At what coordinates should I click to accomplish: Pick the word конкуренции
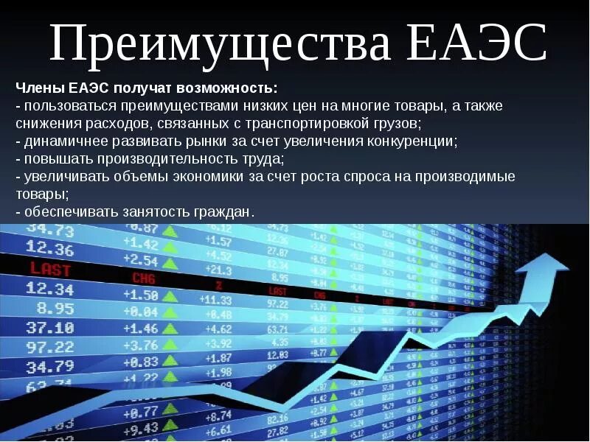click(410, 141)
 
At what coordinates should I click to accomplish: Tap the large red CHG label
click(144, 278)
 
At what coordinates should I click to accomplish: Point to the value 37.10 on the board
click(50, 327)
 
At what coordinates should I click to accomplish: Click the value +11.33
click(215, 300)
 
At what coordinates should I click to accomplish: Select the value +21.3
click(218, 270)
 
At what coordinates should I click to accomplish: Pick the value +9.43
click(140, 429)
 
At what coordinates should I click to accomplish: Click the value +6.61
click(218, 430)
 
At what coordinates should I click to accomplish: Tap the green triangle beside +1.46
click(171, 329)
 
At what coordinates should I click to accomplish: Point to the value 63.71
click(277, 329)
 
